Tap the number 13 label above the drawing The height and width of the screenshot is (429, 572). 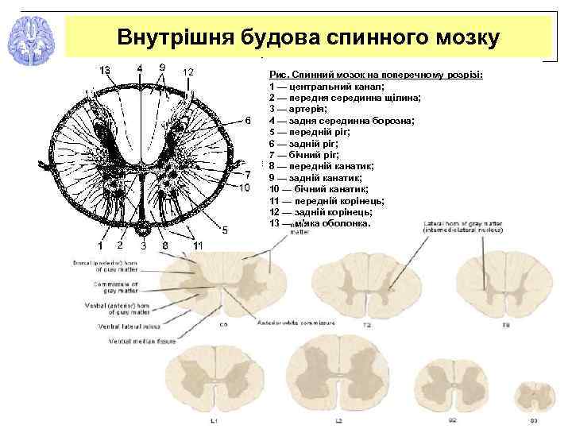point(104,70)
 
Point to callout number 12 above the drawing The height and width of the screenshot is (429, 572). point(188,72)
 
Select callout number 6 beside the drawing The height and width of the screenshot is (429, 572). point(247,121)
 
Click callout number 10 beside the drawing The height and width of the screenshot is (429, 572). point(245,187)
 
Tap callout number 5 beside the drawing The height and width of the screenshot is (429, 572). point(225,230)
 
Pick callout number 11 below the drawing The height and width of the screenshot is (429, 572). point(197,245)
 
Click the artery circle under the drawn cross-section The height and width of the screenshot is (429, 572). point(141,230)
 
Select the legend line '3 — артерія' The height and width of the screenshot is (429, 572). point(297,109)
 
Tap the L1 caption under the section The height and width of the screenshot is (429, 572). point(214,419)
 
